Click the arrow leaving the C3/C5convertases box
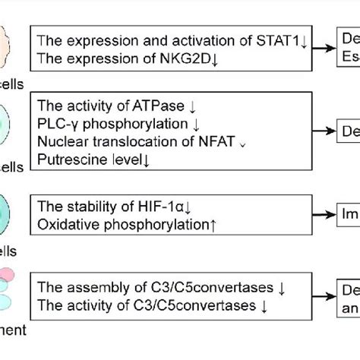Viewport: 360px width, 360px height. (x=325, y=296)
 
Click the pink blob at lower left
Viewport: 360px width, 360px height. (x=7, y=275)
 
